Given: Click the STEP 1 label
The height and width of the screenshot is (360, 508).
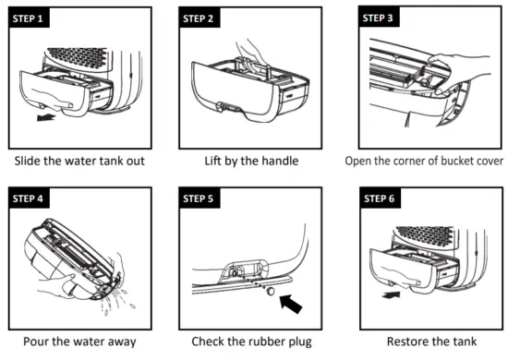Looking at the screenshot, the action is coord(29,18).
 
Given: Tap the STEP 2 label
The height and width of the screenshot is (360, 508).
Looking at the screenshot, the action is coord(199,18).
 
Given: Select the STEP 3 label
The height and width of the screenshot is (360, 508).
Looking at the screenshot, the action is coord(378,18).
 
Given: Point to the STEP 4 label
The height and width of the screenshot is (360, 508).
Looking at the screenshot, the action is coord(29,198).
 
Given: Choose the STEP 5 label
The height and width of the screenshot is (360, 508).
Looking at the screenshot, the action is coord(199,198).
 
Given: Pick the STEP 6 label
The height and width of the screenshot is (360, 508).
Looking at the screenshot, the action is coord(379,198).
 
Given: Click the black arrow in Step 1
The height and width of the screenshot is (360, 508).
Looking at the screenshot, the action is coord(45,117).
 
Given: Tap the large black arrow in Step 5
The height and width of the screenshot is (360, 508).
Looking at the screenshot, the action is coord(291,304).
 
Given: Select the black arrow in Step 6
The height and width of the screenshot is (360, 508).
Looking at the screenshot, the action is coord(391,294).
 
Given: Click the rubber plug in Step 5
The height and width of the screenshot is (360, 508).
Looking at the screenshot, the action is coord(271,291).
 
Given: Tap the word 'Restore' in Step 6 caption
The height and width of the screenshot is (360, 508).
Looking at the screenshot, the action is coord(406,342).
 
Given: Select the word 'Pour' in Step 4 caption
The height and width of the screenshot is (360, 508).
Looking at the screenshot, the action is coord(35,342).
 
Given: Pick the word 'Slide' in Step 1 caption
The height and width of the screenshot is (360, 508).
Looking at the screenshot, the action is coord(27,161).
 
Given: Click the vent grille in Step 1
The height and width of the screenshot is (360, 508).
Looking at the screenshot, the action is coord(77,56).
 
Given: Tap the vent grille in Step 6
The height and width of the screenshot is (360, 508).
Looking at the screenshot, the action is coord(425,235).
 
